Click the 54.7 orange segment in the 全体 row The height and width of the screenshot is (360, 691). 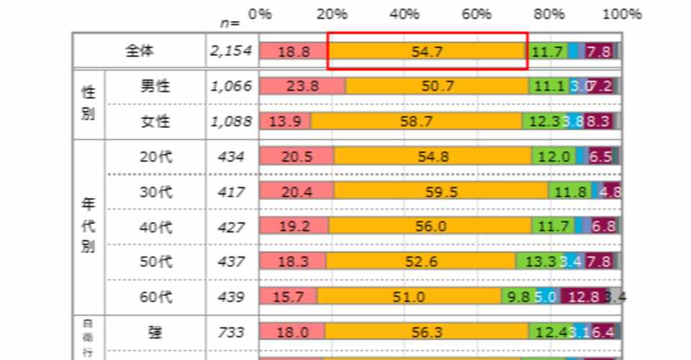tap(428, 51)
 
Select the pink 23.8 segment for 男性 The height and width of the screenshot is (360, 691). tap(302, 86)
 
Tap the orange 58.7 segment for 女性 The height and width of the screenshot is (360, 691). tap(417, 122)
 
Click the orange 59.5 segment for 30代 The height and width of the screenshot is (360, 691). tap(441, 192)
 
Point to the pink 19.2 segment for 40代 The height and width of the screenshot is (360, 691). tap(294, 227)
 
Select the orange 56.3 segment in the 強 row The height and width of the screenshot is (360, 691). tap(426, 331)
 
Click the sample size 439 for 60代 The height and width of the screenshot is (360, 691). tap(233, 297)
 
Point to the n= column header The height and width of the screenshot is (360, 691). tap(230, 23)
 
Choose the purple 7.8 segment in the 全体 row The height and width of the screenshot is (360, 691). tap(598, 51)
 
